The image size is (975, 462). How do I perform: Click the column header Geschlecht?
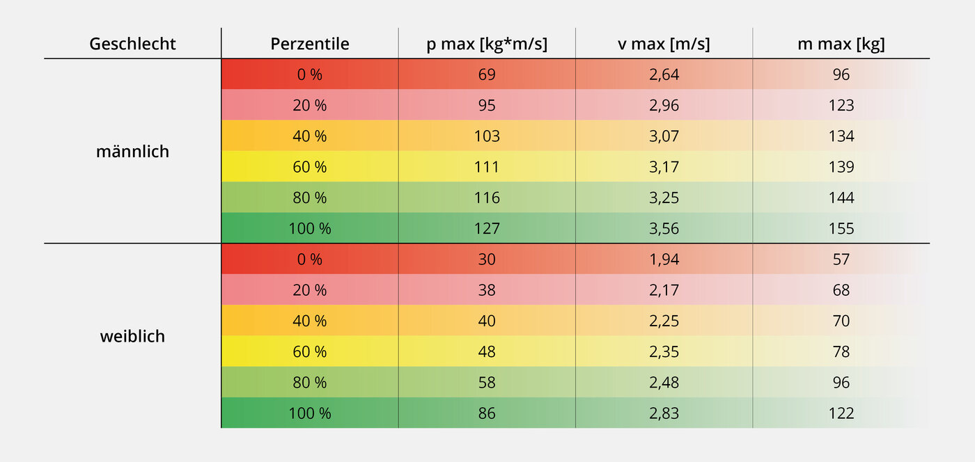(x=132, y=45)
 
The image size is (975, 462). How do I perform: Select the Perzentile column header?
(x=310, y=45)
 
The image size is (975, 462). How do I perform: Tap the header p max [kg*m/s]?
(x=487, y=45)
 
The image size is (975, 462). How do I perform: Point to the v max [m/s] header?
(x=664, y=45)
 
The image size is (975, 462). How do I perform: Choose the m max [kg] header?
(x=841, y=45)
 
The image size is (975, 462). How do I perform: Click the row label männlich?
(x=132, y=152)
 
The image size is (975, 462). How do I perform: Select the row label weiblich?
(x=132, y=337)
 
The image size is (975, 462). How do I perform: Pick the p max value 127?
(x=487, y=228)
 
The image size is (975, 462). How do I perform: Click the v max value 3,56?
(x=664, y=228)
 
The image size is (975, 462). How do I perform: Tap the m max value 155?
(x=841, y=228)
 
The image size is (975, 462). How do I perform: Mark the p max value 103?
(x=487, y=136)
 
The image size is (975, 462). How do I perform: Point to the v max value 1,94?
(x=664, y=260)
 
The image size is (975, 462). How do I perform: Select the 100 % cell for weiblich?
(x=310, y=413)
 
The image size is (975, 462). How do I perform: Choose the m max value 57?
(x=841, y=260)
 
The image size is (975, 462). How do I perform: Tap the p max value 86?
(x=487, y=413)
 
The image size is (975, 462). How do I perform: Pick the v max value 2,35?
(x=664, y=352)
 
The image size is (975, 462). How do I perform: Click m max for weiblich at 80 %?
(x=841, y=383)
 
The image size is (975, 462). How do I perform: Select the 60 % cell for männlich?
(x=310, y=167)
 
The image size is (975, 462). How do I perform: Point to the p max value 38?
(x=487, y=290)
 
